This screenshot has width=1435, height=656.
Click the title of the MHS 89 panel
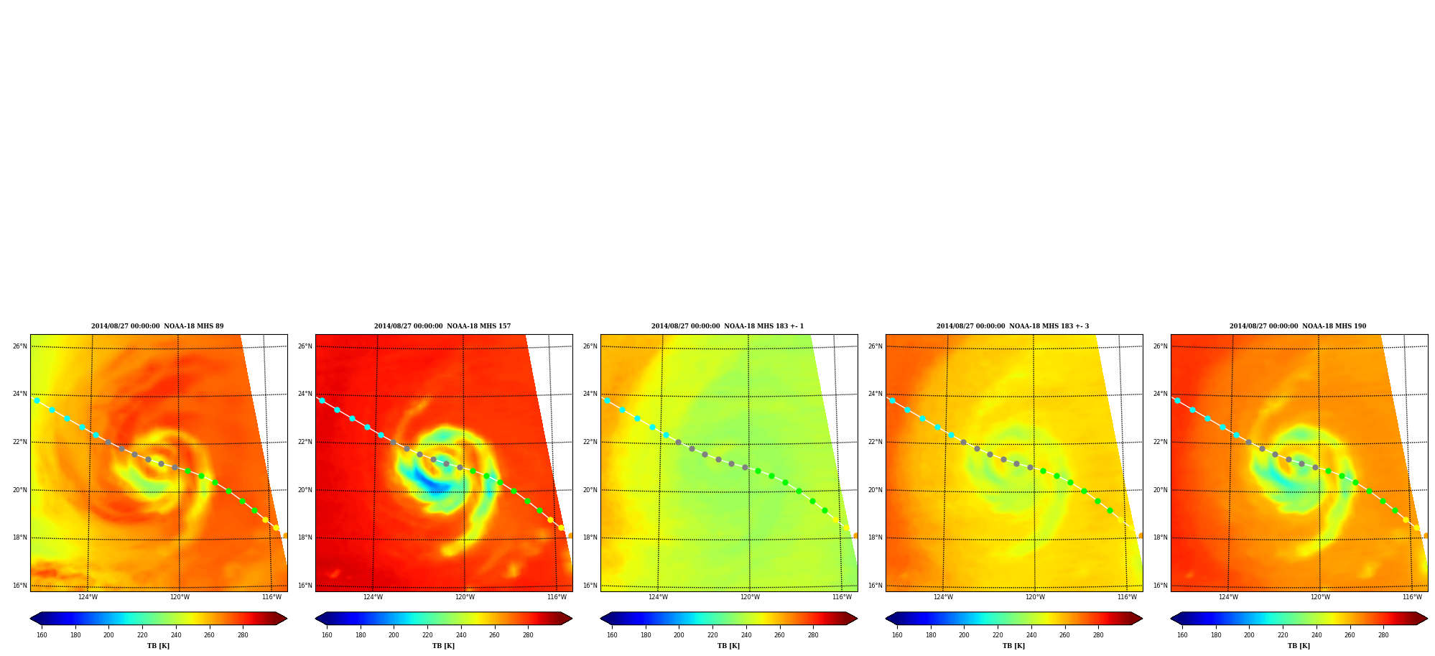[157, 326]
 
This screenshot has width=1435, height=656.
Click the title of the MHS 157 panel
[442, 326]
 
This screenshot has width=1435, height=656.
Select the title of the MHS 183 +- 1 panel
[728, 326]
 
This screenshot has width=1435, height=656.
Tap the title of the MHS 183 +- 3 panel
[1013, 326]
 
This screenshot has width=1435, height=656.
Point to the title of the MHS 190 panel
[1298, 326]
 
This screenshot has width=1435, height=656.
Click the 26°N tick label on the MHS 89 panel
[19, 346]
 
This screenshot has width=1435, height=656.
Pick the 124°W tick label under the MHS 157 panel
[373, 597]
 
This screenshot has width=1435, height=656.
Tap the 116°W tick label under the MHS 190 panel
[1412, 597]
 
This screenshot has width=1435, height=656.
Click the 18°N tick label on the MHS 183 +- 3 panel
[875, 537]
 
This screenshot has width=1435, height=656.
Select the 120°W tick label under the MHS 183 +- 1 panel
[750, 597]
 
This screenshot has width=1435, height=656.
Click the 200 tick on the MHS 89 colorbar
[108, 635]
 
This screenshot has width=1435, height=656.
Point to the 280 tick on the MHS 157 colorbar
[528, 635]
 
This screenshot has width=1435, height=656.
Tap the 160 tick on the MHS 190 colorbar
[1182, 635]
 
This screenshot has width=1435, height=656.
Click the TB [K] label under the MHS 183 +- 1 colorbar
[728, 646]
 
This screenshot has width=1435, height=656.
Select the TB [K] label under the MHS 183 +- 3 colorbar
[1013, 646]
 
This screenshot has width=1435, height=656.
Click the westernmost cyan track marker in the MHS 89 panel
[37, 401]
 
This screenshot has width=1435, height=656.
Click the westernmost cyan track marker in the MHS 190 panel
[1177, 401]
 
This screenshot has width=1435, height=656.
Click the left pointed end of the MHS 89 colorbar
[30, 619]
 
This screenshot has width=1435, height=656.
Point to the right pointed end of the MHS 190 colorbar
[1428, 619]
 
